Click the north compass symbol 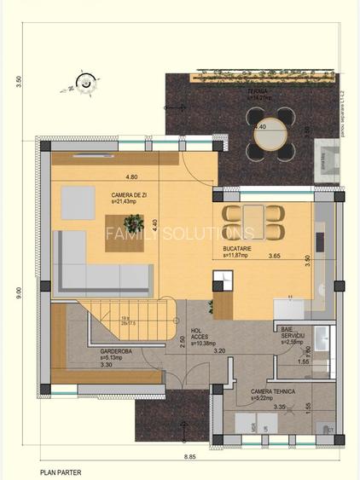pyautogui.click(x=84, y=83)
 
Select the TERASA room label pyautogui.click(x=258, y=91)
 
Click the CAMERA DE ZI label pyautogui.click(x=129, y=195)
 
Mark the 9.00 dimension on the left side pyautogui.click(x=19, y=291)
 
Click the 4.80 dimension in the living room pyautogui.click(x=132, y=177)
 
